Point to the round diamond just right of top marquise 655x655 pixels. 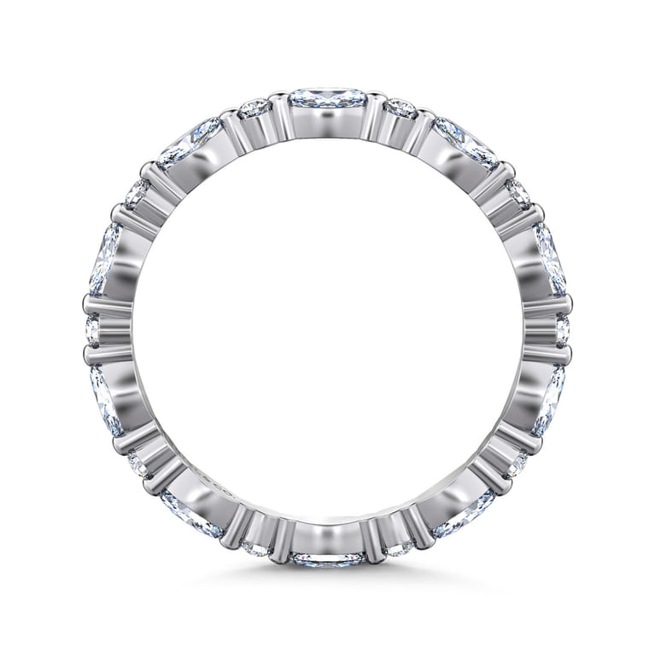tap(401, 109)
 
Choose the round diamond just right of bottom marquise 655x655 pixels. tap(400, 543)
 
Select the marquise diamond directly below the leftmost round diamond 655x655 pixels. tap(106, 399)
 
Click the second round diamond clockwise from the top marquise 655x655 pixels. tap(518, 193)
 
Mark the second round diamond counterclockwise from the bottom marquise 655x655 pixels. tap(516, 464)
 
